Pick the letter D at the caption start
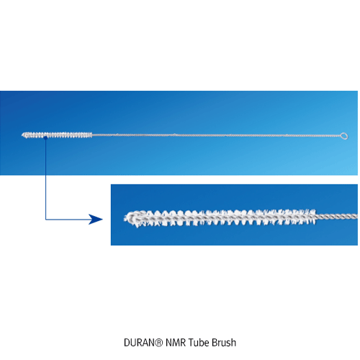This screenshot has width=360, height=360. (127, 343)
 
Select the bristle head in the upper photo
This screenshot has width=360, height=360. (57, 135)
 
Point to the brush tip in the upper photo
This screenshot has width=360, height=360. (22, 135)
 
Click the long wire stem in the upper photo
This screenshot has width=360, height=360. (217, 135)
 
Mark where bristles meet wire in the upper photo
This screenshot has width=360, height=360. (92, 135)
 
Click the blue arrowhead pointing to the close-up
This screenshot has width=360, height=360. (96, 219)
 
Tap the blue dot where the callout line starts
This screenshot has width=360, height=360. (45, 138)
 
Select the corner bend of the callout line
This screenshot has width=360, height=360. (45, 219)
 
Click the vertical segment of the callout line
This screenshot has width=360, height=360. (45, 179)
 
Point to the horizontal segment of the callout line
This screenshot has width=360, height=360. (67, 219)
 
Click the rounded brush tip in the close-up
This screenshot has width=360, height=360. (127, 218)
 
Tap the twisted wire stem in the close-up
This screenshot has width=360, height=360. (337, 216)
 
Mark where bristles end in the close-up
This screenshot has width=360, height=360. (315, 216)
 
